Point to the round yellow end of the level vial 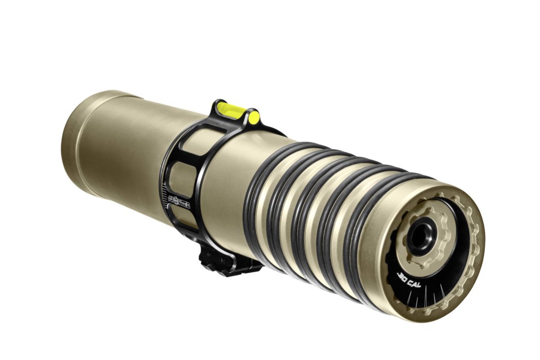point(253,118)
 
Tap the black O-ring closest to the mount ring point(252,206)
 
